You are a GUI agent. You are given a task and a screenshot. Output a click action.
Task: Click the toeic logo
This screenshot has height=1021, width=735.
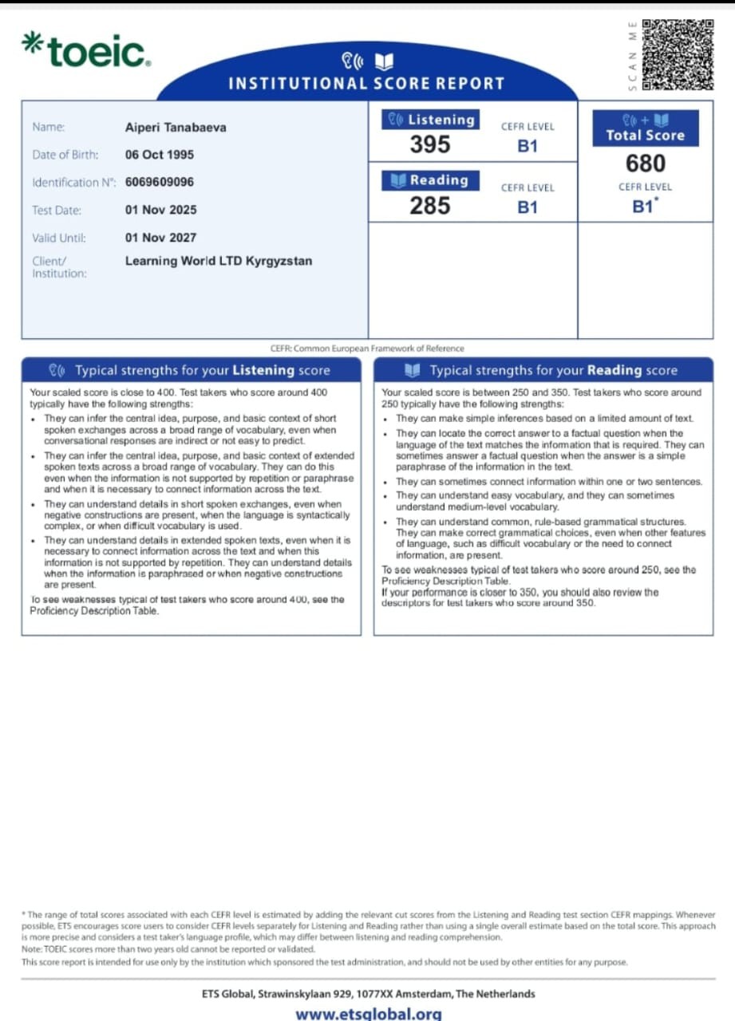coord(86,50)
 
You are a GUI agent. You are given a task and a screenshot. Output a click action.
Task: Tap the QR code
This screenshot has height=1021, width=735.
coord(678,54)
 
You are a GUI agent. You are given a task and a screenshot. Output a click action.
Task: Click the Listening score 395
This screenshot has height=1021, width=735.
coord(430,144)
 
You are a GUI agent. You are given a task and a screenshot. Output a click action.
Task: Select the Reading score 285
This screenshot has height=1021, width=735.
coord(430,206)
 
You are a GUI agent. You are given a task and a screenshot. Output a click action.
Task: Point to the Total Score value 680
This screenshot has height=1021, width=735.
coord(645,164)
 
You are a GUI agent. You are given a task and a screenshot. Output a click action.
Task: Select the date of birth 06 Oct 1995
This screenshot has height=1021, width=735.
coord(160,155)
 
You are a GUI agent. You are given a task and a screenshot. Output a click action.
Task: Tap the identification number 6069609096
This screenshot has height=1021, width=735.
coord(160,182)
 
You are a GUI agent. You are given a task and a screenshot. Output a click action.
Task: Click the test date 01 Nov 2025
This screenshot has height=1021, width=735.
coord(160,210)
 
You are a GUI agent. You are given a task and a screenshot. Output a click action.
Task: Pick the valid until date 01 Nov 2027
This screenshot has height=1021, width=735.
coord(160,238)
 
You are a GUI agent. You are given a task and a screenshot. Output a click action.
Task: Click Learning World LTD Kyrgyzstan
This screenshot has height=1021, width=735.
coord(219,261)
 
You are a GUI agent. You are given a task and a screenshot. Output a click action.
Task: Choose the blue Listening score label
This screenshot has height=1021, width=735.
coord(431,120)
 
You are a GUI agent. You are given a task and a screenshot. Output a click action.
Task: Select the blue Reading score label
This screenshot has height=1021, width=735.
coord(431,180)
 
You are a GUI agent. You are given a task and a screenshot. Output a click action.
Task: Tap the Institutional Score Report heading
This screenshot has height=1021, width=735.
coord(366,83)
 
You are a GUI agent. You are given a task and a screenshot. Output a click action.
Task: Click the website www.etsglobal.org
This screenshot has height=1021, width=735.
coord(368,1014)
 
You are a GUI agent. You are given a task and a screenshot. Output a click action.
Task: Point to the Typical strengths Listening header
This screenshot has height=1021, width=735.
coord(191,370)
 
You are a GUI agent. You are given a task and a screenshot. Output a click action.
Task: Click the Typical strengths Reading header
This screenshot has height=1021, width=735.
coord(543,370)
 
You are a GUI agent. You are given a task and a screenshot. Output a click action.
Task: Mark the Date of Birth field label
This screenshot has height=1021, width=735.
coord(65,155)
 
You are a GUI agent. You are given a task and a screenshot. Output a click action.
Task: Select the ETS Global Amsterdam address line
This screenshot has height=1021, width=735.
coord(368,994)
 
